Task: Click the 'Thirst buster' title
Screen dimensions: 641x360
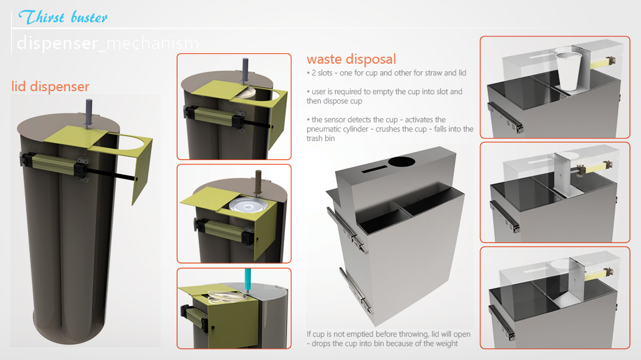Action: [63, 18]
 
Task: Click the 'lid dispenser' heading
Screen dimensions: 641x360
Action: [50, 86]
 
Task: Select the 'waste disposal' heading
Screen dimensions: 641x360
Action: [351, 59]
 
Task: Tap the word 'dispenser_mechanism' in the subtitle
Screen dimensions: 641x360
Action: [108, 43]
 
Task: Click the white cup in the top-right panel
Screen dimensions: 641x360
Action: [568, 71]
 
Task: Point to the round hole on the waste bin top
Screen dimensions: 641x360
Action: [401, 161]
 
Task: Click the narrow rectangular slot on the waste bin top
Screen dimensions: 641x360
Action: [375, 169]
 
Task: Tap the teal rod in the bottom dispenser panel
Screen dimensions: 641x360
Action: [248, 279]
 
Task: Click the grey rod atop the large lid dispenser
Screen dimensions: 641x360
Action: [89, 113]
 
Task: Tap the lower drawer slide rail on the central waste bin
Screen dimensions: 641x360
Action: [356, 290]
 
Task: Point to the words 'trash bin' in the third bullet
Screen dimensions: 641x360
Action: [320, 139]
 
